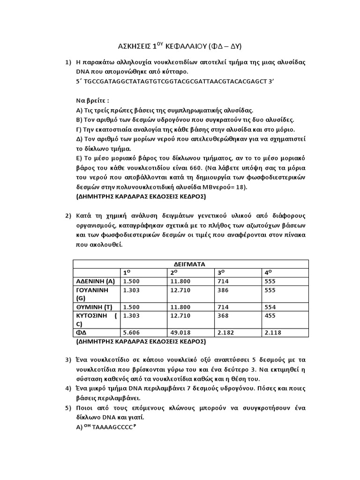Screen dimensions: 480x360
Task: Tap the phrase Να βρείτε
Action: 91,101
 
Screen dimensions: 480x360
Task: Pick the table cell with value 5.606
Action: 132,332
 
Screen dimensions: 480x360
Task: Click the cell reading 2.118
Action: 273,332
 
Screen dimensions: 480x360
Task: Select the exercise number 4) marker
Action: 68,388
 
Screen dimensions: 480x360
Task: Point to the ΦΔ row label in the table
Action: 82,332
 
